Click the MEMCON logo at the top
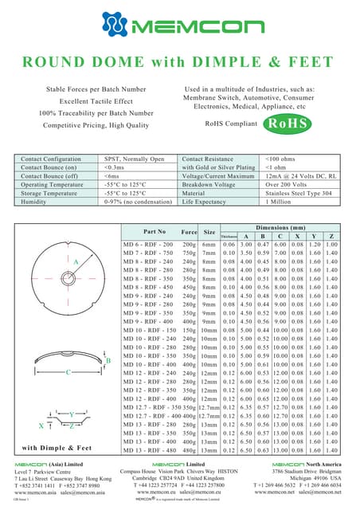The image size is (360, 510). tap(179, 29)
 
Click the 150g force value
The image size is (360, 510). tap(189, 329)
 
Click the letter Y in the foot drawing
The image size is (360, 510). tap(72, 414)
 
